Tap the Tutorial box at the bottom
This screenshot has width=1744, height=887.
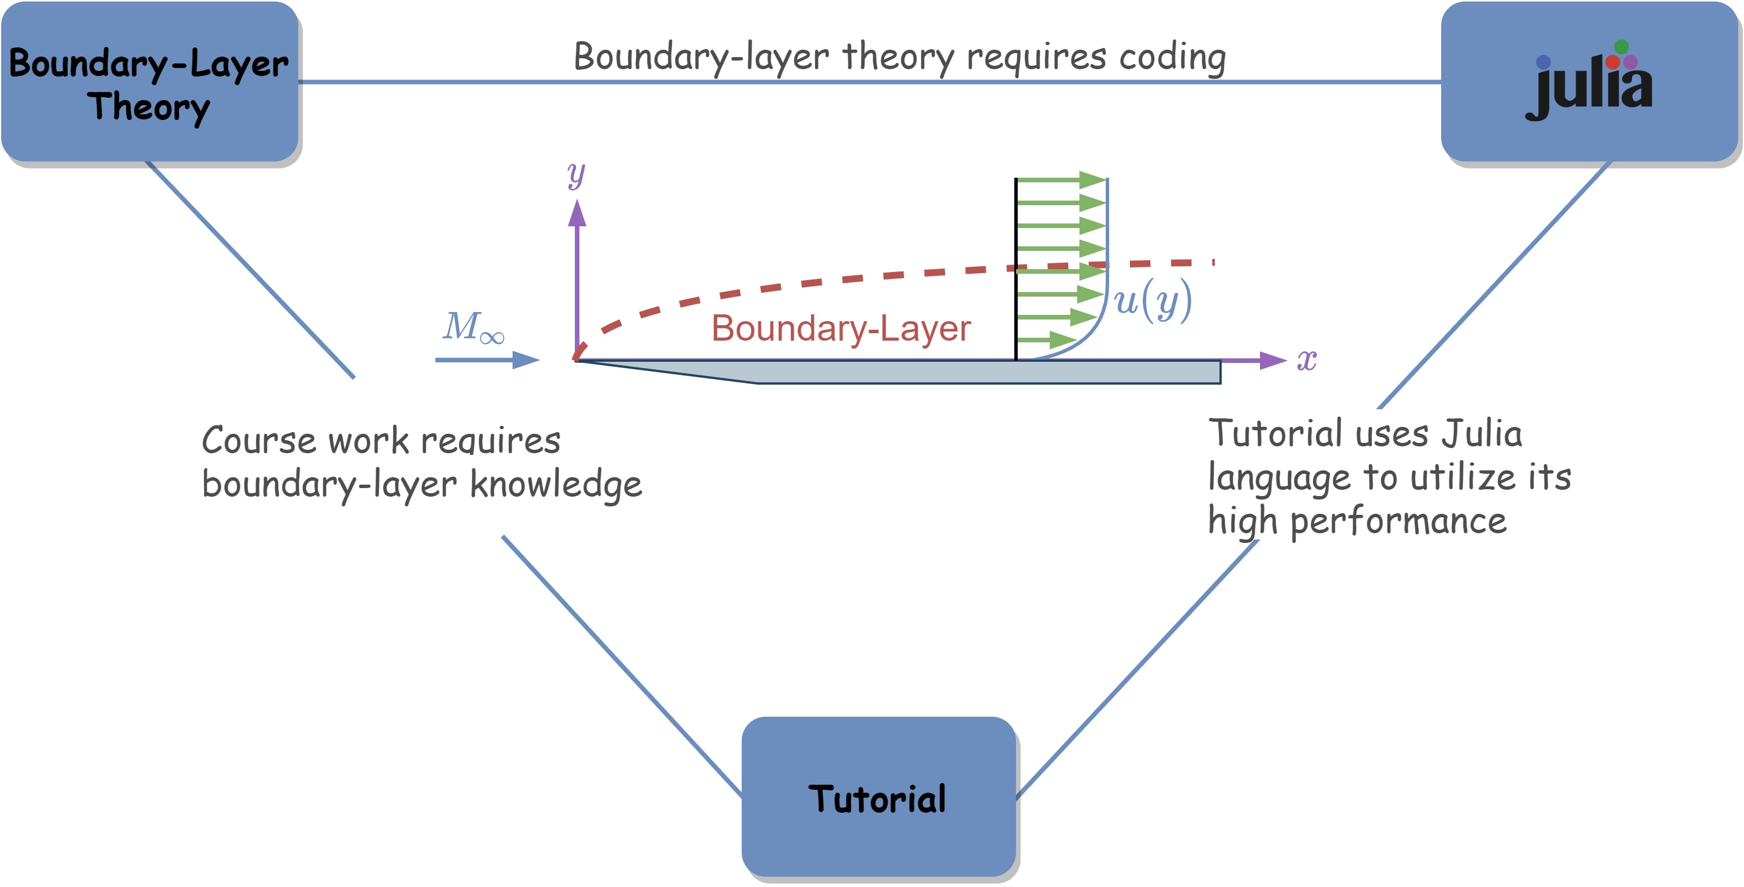878,798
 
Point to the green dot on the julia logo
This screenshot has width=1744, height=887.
1622,47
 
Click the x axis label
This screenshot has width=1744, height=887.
1307,359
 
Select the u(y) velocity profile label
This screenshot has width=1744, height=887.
1152,300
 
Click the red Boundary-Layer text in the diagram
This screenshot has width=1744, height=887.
841,329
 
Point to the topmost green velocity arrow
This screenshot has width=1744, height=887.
1060,180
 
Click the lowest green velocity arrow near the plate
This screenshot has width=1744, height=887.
1046,339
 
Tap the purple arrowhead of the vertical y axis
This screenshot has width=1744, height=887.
577,213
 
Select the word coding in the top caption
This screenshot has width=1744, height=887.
1172,57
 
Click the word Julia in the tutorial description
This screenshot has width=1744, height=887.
1481,434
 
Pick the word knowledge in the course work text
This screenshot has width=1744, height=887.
555,485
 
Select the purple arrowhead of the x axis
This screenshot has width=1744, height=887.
1272,360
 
